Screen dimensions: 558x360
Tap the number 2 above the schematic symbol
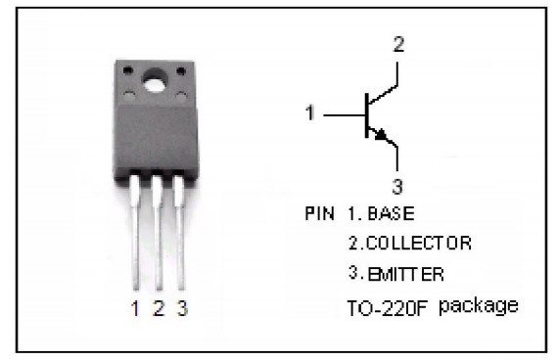point(398,44)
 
